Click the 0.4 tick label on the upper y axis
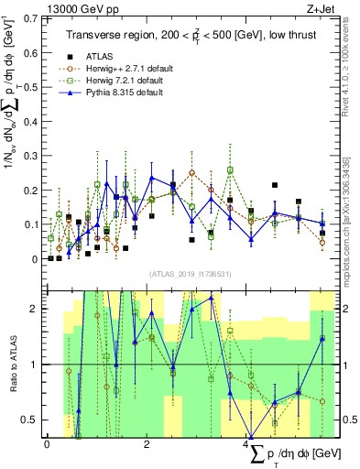click(31, 121)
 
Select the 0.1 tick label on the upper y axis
click(31, 224)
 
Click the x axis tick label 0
click(47, 443)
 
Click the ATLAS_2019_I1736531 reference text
click(191, 274)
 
